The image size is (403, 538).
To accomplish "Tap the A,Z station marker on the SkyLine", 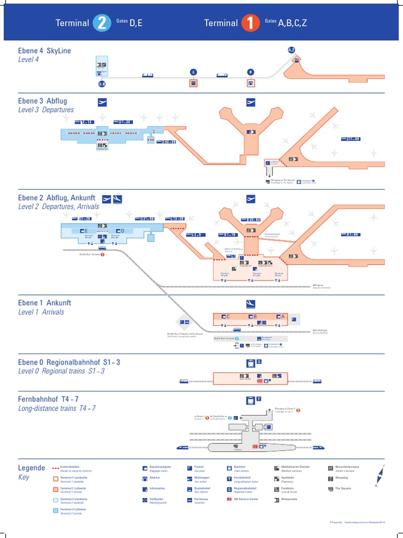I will [292, 50].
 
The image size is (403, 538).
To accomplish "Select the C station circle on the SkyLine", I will [193, 72].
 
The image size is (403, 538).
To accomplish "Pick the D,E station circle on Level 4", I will [102, 84].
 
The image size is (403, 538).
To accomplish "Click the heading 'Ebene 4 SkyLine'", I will [45, 51].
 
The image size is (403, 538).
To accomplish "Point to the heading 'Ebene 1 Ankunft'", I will [45, 303].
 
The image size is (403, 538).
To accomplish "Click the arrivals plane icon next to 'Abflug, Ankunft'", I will [118, 199].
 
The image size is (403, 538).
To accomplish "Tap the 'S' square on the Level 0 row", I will [259, 362].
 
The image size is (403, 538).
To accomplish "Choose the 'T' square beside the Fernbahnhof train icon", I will [259, 400].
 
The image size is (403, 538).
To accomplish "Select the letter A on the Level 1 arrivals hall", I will [283, 316].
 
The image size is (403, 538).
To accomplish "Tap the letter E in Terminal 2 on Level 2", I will [85, 231].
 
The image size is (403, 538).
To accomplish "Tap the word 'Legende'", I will [31, 467].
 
